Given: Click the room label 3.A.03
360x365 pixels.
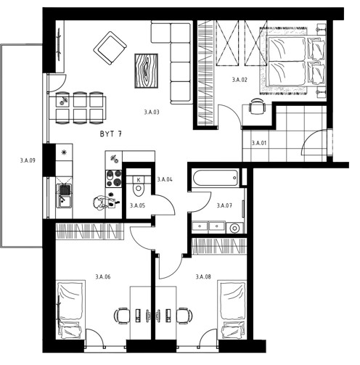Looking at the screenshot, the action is tap(152, 112).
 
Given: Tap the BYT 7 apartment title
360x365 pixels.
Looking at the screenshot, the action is tap(111, 134).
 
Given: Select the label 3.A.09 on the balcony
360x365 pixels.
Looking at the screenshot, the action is tap(28, 160).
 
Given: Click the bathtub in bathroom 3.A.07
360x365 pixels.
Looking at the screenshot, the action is tap(215, 178).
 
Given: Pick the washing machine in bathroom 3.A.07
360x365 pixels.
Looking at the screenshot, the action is tap(234, 228).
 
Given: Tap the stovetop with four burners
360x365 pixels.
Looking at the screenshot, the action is tap(113, 179).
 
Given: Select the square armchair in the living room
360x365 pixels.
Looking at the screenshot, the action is tap(110, 48).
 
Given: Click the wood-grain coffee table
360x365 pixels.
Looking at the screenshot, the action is tap(146, 70).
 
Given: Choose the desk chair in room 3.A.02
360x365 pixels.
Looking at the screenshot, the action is tap(256, 106).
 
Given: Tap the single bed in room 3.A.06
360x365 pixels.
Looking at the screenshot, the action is tap(70, 310).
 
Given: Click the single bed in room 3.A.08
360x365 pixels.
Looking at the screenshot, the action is tap(232, 310).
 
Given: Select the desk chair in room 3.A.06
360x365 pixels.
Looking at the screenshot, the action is tap(122, 316).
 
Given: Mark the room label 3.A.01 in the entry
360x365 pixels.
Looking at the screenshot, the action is tap(259, 143).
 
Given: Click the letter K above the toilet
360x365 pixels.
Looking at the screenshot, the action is tap(139, 180).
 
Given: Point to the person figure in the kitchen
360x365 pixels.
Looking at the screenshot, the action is tap(103, 202).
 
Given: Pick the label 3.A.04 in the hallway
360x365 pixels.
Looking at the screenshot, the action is tap(165, 179).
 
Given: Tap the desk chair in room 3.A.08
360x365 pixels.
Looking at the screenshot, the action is tap(184, 316).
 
